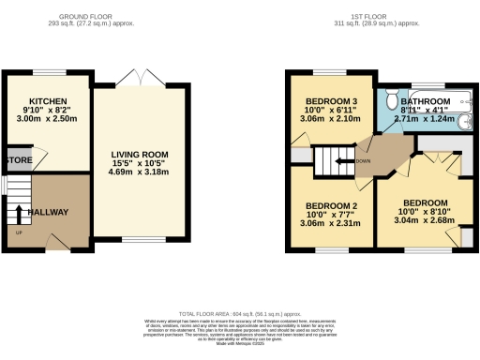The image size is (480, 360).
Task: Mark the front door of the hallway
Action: coord(47,247)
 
